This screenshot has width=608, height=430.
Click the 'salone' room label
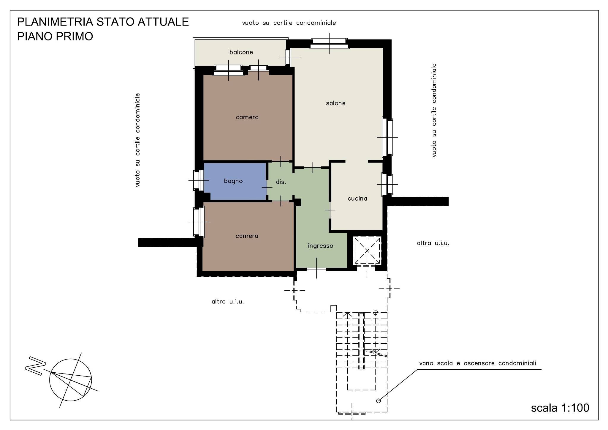[335, 103]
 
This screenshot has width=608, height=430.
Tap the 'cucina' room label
[357, 199]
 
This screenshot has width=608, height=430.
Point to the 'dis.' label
[281, 182]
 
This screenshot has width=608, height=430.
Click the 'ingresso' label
[320, 246]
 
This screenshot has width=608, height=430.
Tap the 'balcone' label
[241, 52]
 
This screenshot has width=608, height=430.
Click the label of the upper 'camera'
[247, 117]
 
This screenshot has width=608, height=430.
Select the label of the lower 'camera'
[247, 236]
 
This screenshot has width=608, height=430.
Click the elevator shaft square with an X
[367, 251]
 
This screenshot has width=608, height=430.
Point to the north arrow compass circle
[70, 380]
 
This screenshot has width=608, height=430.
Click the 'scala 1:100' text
[560, 408]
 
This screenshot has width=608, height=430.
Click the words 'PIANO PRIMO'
[55, 36]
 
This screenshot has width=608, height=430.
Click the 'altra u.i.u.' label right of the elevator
[433, 243]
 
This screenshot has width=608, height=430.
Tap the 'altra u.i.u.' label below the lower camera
[227, 302]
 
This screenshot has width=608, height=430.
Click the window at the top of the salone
[329, 44]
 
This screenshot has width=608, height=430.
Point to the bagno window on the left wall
[198, 180]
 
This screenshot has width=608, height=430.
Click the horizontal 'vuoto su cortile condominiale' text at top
[289, 23]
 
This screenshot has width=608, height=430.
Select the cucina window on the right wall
[387, 184]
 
